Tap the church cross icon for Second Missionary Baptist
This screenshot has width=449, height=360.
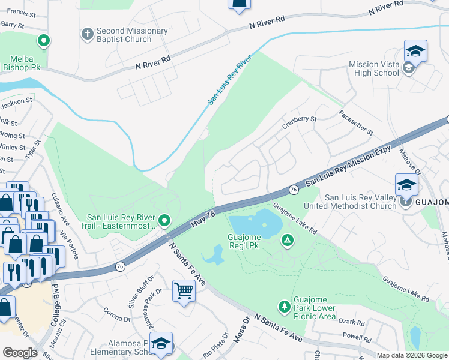(86, 32)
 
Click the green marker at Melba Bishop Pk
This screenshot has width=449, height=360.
(43, 42)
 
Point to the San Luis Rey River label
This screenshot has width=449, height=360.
(229, 82)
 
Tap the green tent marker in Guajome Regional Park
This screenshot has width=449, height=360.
(288, 241)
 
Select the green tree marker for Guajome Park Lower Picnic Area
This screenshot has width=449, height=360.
(283, 307)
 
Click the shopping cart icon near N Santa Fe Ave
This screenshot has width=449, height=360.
(184, 292)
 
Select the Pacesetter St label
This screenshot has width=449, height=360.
(356, 122)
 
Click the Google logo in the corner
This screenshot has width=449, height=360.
(20, 353)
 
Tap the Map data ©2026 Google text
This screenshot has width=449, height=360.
(412, 355)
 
